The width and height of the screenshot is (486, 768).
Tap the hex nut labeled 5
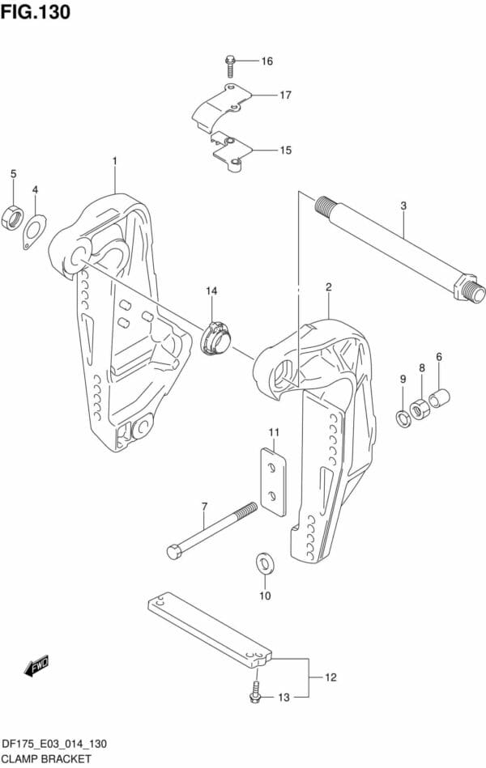[12, 217]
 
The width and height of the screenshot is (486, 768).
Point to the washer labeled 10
[266, 564]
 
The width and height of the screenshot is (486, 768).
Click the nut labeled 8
[420, 409]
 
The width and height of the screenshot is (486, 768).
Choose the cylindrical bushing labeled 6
[439, 397]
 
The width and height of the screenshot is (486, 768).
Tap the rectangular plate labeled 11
[273, 481]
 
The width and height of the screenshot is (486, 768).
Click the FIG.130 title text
[36, 12]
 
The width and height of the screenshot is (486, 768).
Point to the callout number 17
[285, 95]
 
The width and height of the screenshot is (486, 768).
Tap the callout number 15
[285, 150]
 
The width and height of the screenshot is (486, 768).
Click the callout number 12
[331, 677]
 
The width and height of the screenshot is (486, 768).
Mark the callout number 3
[403, 206]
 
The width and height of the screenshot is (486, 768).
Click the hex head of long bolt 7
[175, 551]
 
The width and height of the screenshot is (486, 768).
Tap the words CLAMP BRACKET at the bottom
[47, 760]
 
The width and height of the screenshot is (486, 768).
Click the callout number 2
[329, 287]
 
